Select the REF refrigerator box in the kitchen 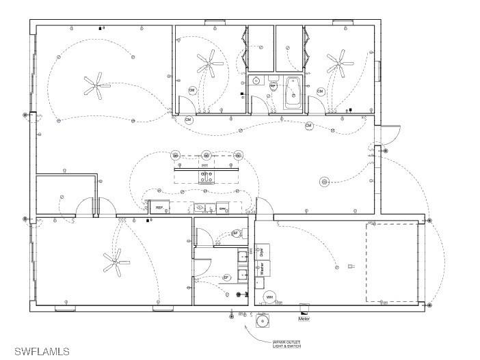159,207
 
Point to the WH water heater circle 269,297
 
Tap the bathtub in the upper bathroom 292,92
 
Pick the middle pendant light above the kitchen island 206,156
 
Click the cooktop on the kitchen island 206,177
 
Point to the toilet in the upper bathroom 273,87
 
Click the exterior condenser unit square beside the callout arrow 261,320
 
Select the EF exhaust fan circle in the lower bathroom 226,277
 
